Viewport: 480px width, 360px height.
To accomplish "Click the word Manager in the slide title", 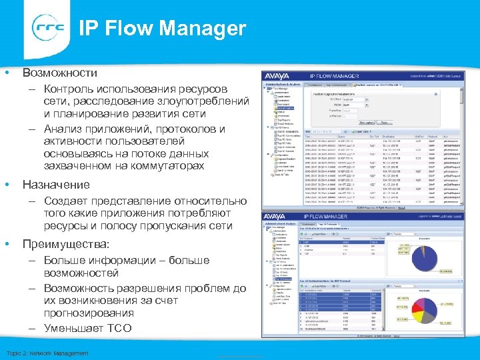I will point(207,29).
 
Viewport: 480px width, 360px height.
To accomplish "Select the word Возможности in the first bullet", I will point(60,72).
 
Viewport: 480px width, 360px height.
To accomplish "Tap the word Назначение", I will point(56,184).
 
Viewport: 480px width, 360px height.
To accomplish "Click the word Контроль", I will point(70,89).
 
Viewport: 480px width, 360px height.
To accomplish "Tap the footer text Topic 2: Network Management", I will point(47,353).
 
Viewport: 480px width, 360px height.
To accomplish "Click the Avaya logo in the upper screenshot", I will point(278,76).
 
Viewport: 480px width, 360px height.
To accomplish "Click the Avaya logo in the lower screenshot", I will point(278,217).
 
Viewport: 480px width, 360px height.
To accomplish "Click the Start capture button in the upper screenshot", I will point(366,122).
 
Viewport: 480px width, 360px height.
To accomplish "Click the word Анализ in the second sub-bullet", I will point(66,129).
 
